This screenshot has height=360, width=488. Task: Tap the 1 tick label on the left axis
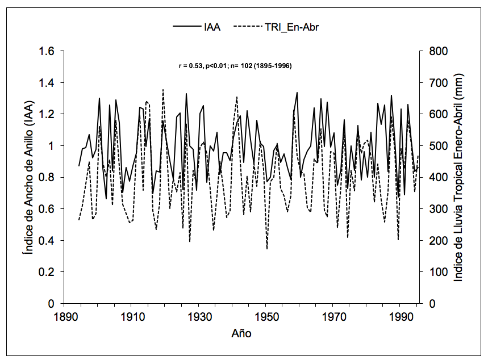click(51, 146)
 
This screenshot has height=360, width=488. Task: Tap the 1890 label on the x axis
click(64, 316)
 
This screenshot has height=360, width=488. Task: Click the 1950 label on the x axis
click(266, 316)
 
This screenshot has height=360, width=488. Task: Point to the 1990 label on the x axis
click(401, 316)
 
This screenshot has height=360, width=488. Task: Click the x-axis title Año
click(241, 333)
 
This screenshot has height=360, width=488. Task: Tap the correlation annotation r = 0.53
click(235, 66)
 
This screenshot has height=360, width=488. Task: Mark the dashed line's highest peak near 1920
click(163, 89)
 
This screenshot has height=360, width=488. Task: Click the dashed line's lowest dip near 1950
click(267, 248)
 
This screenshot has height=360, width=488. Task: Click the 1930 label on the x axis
click(198, 316)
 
